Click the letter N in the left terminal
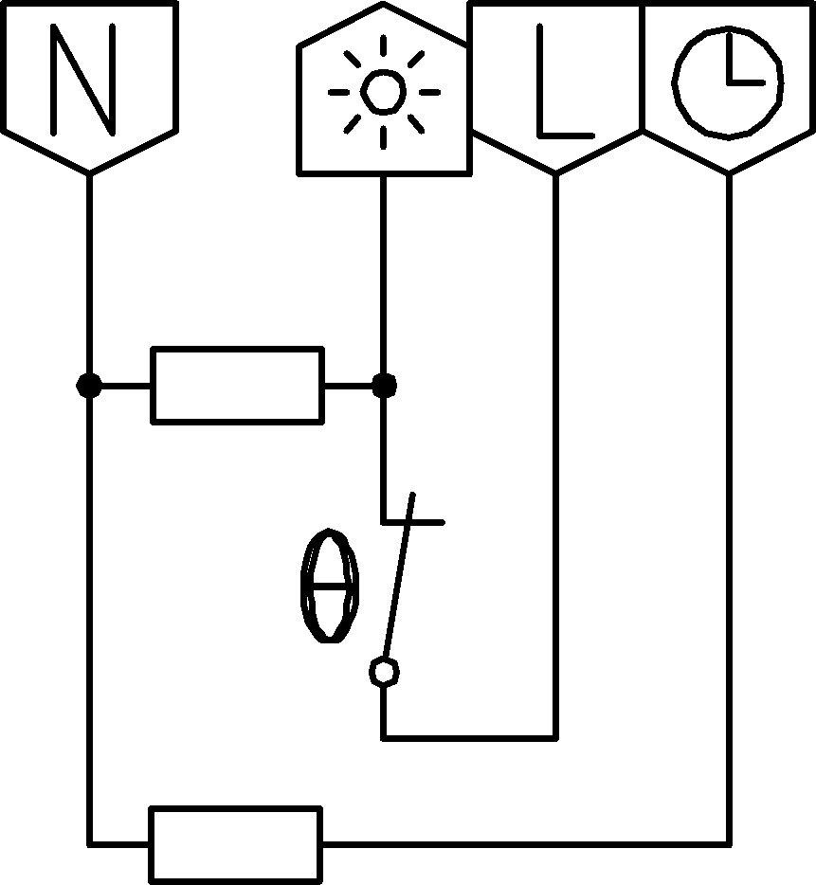(87, 80)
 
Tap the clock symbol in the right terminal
(728, 81)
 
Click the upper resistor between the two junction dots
(237, 385)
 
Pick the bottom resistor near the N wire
(235, 843)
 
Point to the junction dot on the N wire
(89, 386)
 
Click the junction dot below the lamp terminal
(384, 386)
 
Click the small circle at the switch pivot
(383, 672)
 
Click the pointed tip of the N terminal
(89, 172)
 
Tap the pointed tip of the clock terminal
(728, 172)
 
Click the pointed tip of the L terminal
(555, 172)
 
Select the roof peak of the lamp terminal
(384, 6)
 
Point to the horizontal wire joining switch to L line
(469, 736)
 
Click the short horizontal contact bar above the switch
(422, 521)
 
